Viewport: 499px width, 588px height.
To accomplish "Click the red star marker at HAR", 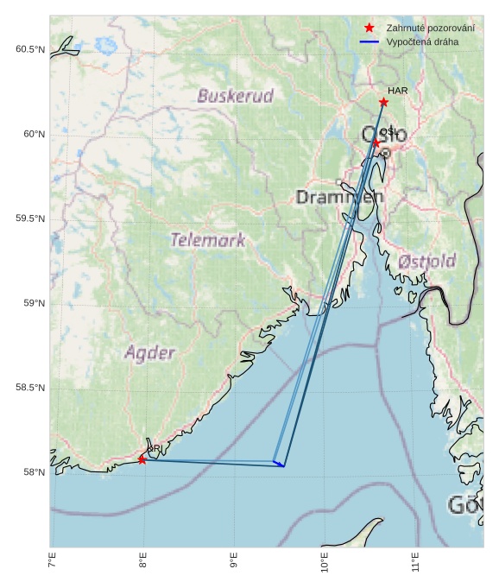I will click(383, 102).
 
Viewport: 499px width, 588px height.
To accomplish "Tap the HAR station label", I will click(397, 91).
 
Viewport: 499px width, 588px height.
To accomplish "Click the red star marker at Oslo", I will click(376, 142).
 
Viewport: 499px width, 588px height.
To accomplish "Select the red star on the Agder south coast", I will click(142, 459).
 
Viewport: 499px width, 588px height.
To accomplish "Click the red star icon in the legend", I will click(370, 28).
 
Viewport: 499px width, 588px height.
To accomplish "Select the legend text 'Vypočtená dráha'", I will click(422, 41).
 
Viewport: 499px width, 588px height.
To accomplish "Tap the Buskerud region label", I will click(235, 96).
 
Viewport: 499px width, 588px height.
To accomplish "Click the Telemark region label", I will click(207, 240).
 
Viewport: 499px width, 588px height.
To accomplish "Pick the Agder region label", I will click(150, 352).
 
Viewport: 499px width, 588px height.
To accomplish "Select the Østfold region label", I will click(426, 260).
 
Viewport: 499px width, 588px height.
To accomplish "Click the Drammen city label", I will click(339, 197).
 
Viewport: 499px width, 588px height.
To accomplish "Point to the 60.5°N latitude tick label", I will click(29, 49).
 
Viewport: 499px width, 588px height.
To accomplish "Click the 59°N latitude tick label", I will click(33, 303).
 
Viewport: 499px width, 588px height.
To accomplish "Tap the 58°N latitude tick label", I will click(33, 472).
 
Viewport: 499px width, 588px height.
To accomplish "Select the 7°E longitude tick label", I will click(53, 562).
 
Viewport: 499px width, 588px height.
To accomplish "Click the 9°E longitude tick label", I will click(234, 562).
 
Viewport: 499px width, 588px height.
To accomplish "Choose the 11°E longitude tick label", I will click(415, 562).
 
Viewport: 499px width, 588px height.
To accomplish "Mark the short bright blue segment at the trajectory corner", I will click(279, 464).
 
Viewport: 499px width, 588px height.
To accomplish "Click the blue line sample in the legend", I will click(370, 41).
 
